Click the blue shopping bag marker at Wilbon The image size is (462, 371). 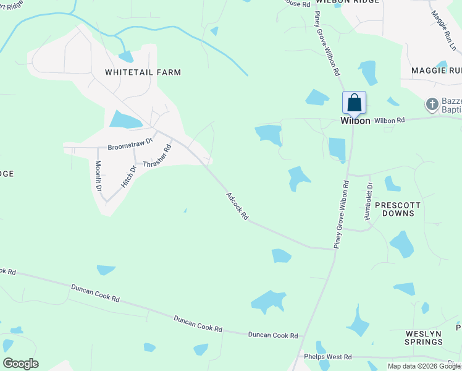tap(355, 103)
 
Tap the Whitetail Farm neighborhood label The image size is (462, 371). tap(143, 72)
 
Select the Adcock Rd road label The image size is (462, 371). tap(237, 207)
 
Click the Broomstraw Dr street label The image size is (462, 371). tap(130, 144)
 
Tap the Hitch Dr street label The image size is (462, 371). tap(128, 176)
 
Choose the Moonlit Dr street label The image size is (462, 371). tap(98, 176)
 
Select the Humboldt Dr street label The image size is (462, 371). tap(369, 201)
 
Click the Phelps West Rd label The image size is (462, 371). tap(327, 357)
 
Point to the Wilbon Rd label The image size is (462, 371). tap(388, 120)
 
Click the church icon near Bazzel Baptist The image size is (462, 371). tap(432, 104)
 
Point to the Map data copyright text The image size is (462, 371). tap(424, 366)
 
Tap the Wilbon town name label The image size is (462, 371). tap(355, 121)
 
